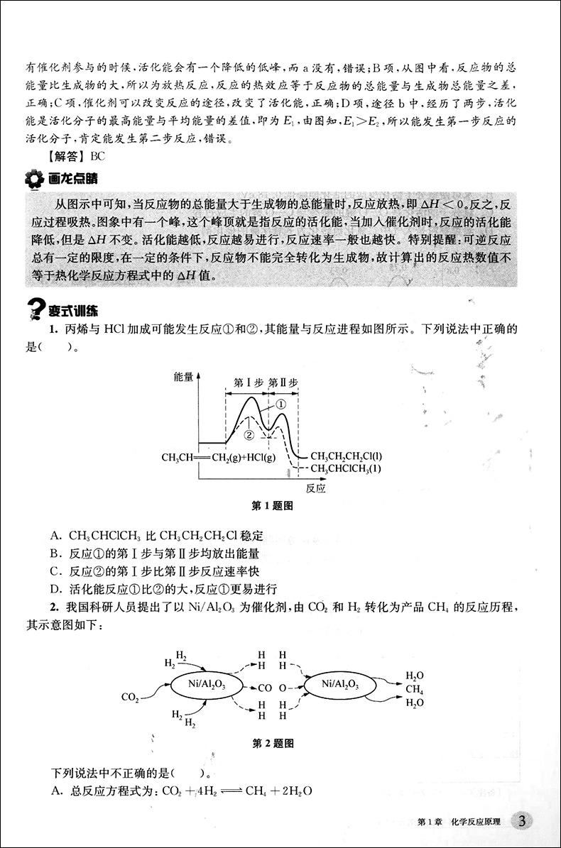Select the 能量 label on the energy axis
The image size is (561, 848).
pos(183,378)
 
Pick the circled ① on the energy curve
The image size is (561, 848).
pos(280,404)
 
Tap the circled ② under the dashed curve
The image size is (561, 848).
pos(249,434)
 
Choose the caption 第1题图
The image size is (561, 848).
pos(273,507)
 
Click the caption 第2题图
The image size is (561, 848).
pos(273,744)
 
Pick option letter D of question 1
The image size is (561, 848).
pos(55,588)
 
